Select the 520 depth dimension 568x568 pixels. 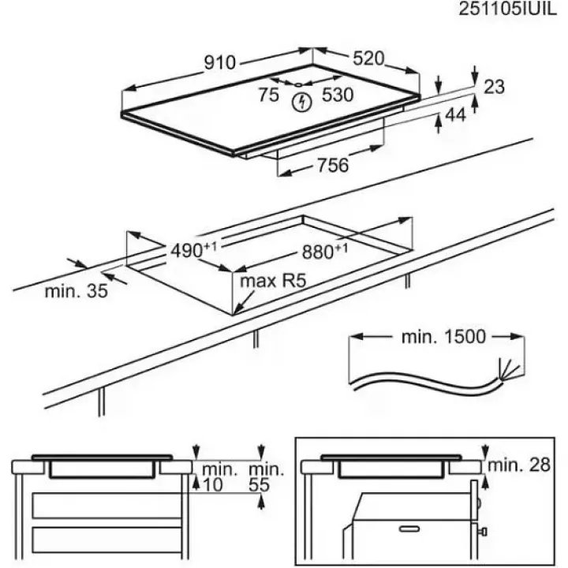[368, 58]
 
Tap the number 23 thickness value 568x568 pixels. [493, 88]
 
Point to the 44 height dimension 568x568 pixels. [456, 116]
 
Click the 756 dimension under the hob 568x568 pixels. [332, 166]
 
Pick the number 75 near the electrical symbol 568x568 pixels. [268, 95]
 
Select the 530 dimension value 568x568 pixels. [337, 95]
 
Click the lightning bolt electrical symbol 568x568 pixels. [301, 102]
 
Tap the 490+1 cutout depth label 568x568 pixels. [193, 252]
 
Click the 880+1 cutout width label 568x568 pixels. [324, 252]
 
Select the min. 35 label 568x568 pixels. [76, 292]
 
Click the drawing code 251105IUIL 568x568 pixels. [504, 11]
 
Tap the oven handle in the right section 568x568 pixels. [407, 526]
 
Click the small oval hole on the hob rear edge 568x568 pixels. [301, 84]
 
